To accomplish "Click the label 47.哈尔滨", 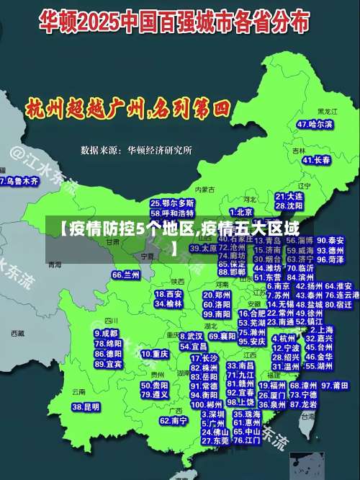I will coord(315,124).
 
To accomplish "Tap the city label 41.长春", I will coord(311,161).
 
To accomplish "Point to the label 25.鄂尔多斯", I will coord(172,204).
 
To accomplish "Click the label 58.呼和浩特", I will coord(172,213).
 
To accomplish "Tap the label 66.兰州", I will coord(126,275).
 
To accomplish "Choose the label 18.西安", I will coord(169,294).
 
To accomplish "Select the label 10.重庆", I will coord(155,355).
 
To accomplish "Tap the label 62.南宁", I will coord(174,420).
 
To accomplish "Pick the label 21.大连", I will coord(289,196).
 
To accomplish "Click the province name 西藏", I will coord(17,334).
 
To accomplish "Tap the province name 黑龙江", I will coord(327,112).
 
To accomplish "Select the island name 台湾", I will coord(308,416).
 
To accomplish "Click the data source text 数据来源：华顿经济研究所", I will coord(137,150).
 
